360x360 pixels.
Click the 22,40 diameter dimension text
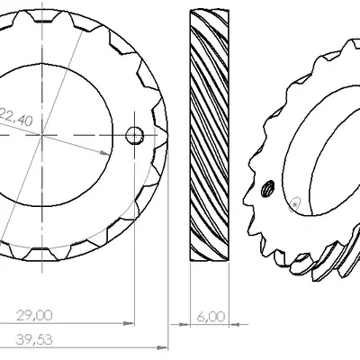(17, 114)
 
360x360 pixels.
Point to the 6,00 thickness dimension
(210, 317)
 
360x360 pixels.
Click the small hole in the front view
(134, 136)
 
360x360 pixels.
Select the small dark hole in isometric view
(267, 189)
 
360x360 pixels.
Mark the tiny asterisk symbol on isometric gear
(295, 204)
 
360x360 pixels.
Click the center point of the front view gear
(42, 136)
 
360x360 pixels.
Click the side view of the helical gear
(209, 135)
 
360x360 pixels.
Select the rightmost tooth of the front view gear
(162, 136)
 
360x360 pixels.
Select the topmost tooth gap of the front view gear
(43, 20)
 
